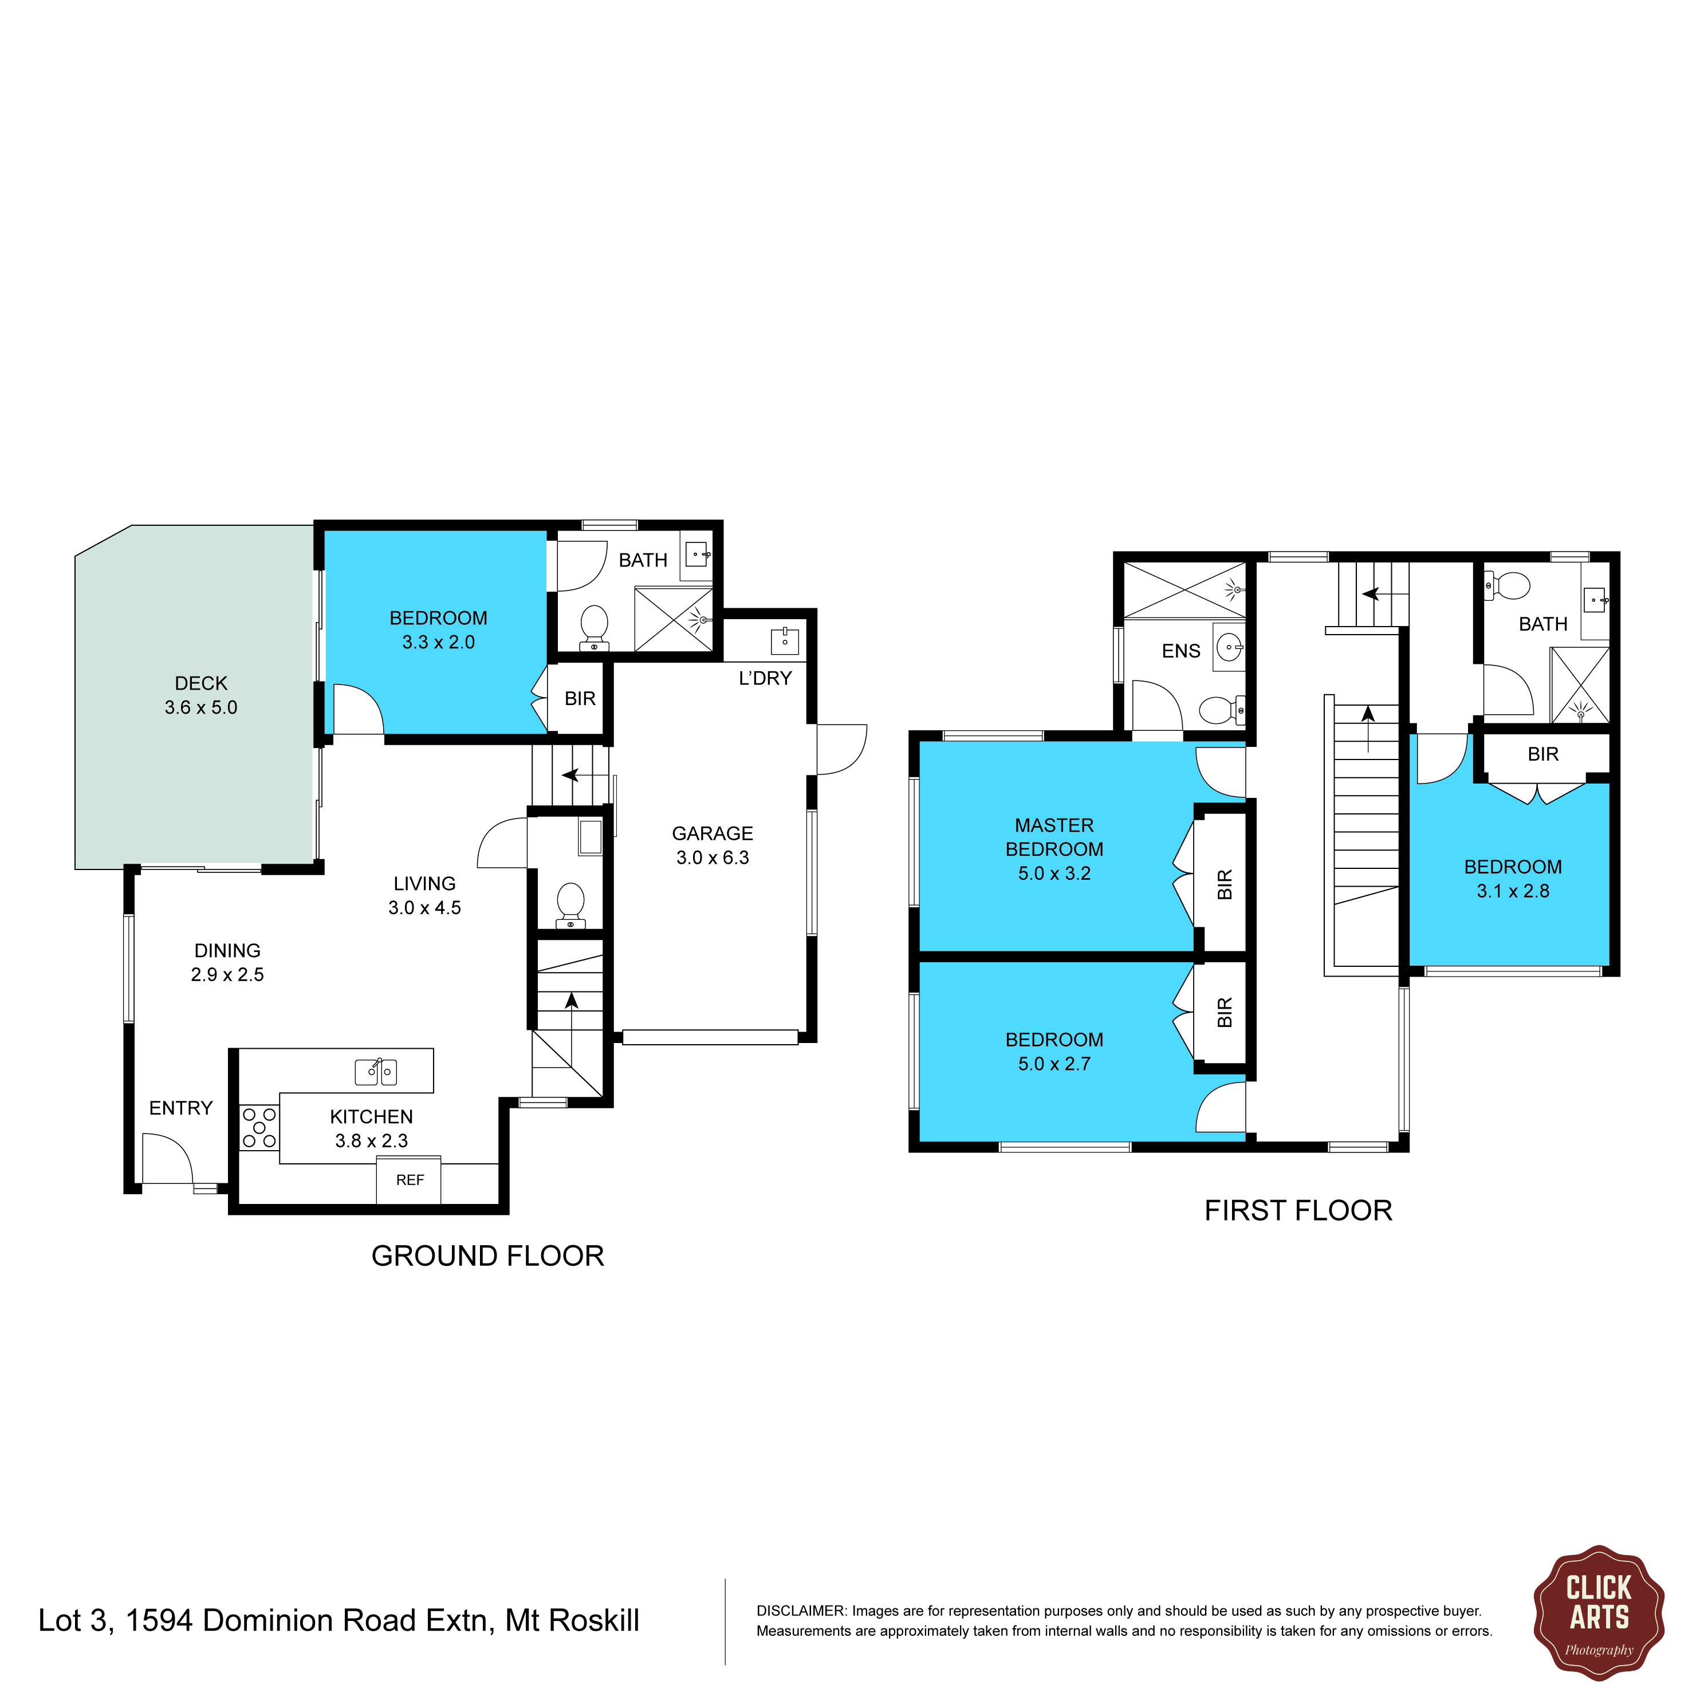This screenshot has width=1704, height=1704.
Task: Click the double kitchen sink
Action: (x=376, y=1072)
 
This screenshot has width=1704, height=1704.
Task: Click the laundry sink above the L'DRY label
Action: (x=785, y=641)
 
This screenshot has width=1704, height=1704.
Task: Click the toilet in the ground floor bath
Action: (x=595, y=628)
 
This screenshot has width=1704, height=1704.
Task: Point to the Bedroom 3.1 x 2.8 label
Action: (x=1513, y=879)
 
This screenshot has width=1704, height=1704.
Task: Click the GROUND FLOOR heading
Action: (x=488, y=1256)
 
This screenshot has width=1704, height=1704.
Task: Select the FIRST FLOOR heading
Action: (x=1298, y=1210)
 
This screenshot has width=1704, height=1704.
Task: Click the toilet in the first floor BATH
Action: (x=1510, y=585)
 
